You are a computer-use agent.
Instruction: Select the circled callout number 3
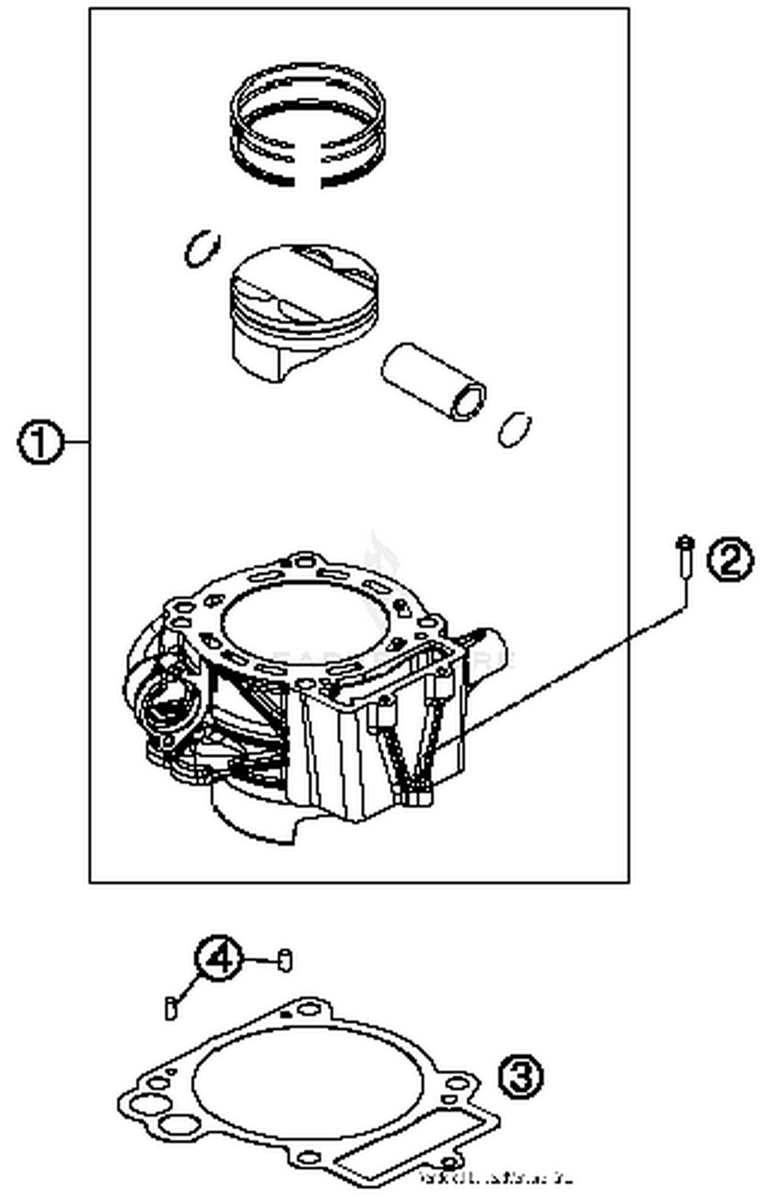click(x=520, y=1076)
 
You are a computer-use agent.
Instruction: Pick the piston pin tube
click(x=433, y=382)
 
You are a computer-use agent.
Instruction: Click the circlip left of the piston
click(x=202, y=248)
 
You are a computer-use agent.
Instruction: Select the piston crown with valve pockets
click(x=305, y=287)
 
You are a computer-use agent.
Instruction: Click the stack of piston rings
click(x=308, y=126)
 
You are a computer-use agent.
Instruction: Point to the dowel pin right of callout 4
click(x=285, y=960)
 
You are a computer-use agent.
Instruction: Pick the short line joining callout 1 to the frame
click(x=77, y=442)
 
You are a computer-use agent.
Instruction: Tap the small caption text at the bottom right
click(x=495, y=1177)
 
